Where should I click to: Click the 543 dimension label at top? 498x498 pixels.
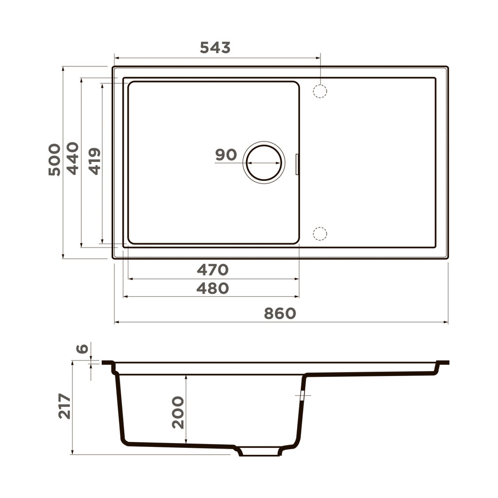tap(215, 48)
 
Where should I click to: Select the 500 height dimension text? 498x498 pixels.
tap(54, 160)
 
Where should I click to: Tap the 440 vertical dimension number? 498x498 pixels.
tap(72, 158)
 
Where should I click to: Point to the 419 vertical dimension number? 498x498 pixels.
tap(95, 161)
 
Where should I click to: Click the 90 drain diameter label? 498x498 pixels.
tap(226, 155)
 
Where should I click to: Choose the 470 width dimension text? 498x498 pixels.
tap(213, 269)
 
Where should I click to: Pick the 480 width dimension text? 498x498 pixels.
tap(213, 288)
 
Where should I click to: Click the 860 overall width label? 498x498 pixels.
tap(280, 314)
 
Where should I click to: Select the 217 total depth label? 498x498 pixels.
tap(65, 407)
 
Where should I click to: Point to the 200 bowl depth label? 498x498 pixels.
tap(178, 412)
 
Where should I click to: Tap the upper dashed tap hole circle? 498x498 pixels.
tap(320, 91)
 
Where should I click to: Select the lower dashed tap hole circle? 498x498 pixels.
tap(320, 234)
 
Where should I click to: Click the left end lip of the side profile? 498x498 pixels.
tap(108, 363)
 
